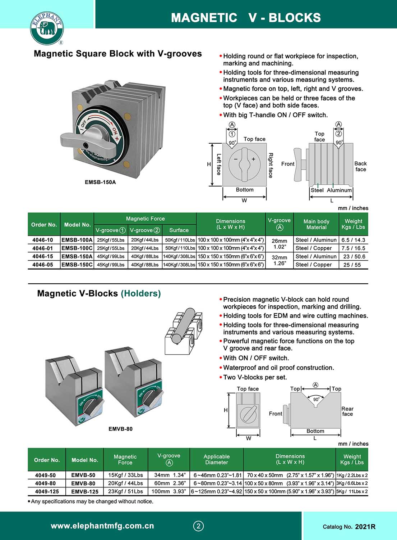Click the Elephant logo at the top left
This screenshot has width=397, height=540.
(x=47, y=28)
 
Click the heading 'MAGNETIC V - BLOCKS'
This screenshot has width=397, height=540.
(x=246, y=18)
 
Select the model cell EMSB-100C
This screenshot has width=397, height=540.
(x=77, y=248)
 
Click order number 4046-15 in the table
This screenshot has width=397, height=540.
(x=43, y=256)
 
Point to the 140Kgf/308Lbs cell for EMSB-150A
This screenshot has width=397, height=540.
(x=179, y=256)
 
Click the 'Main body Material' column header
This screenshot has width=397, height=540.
(x=316, y=224)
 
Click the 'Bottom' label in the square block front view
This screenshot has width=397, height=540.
(x=245, y=190)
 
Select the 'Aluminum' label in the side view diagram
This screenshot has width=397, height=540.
(x=339, y=190)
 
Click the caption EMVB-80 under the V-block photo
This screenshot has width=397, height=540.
(x=120, y=429)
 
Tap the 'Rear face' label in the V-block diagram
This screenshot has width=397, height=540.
(x=347, y=411)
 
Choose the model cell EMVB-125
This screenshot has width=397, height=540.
(x=85, y=491)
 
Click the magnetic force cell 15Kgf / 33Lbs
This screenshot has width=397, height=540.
(x=125, y=475)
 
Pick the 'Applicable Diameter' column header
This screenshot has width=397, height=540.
(x=216, y=459)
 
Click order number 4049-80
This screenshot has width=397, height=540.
(x=45, y=483)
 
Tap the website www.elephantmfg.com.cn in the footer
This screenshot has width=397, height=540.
(x=102, y=526)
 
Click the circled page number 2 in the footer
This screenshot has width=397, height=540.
(x=198, y=526)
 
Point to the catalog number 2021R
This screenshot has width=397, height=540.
(x=365, y=527)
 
